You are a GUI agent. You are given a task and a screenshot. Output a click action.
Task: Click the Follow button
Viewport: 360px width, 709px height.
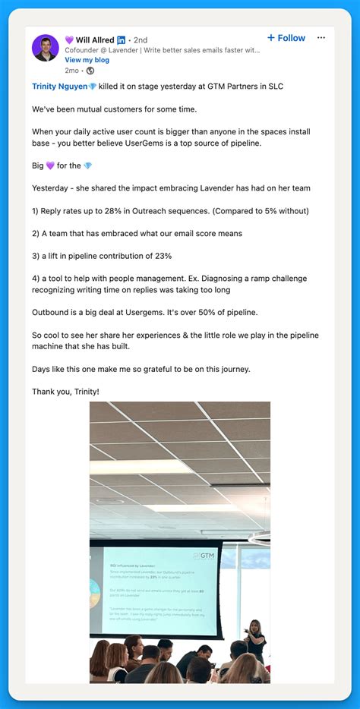coord(286,38)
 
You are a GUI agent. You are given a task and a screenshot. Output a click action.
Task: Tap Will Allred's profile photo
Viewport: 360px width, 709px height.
coord(45,48)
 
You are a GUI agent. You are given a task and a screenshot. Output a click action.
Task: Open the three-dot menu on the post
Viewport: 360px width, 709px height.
coord(321,38)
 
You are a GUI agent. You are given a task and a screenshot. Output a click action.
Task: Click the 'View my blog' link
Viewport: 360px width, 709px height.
coord(87,60)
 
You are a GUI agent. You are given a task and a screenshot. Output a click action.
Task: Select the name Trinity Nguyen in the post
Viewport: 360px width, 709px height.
coord(60,87)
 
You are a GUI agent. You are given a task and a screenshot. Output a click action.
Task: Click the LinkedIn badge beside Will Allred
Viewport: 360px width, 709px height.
coord(122,39)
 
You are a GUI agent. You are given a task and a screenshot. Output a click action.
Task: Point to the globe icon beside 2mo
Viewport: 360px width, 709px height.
coord(90,71)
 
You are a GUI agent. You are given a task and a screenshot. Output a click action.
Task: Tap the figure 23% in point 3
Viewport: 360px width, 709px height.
coord(163,256)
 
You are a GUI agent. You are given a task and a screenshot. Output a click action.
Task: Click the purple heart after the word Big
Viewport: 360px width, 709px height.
coord(51,165)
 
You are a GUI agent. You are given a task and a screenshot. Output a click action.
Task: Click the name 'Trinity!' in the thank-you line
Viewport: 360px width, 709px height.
coord(82,392)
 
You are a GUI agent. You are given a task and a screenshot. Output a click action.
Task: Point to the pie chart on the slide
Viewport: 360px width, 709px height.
coord(93,593)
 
